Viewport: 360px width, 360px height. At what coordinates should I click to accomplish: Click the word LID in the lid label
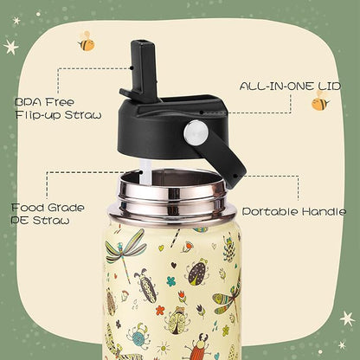click(330, 86)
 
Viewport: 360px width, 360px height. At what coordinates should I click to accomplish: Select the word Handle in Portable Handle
click(324, 211)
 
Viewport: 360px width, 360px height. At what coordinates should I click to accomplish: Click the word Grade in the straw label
click(66, 208)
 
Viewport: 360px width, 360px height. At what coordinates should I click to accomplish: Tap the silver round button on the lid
click(196, 132)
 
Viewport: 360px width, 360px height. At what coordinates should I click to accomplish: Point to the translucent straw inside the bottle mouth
click(146, 173)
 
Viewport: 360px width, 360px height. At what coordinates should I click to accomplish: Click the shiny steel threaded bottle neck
click(172, 196)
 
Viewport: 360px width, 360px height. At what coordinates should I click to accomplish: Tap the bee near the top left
click(86, 42)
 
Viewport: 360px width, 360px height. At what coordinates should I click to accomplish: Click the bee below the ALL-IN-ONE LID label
click(320, 101)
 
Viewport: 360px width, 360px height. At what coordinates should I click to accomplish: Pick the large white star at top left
click(11, 47)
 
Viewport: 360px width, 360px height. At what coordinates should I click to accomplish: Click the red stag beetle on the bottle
click(199, 346)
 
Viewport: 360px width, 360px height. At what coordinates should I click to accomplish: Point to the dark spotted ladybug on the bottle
click(197, 272)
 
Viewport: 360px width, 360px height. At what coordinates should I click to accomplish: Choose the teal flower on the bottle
click(171, 281)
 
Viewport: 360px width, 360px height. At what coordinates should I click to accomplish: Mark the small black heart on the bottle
click(174, 265)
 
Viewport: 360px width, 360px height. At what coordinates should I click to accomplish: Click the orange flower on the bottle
click(160, 311)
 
